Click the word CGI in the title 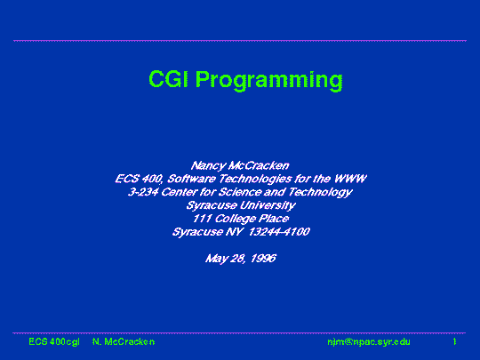click(168, 79)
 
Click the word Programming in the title click(269, 81)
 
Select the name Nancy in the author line click(207, 166)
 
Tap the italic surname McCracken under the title click(259, 165)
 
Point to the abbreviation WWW click(350, 179)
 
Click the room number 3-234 click(143, 192)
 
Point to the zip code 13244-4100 click(279, 232)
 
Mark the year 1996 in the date click(263, 259)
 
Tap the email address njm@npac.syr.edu click(369, 341)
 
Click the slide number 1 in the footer click(455, 341)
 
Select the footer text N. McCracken click(124, 341)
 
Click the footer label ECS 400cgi click(54, 341)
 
